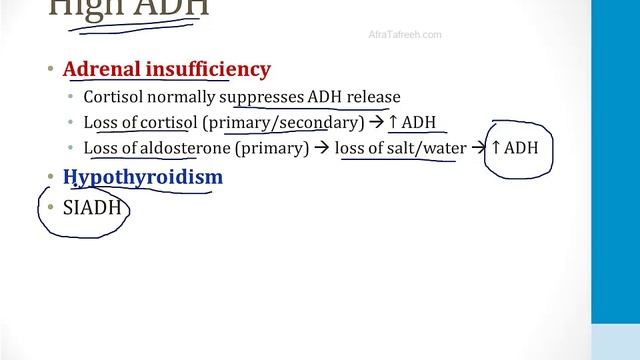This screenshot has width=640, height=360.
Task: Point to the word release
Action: (x=368, y=97)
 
